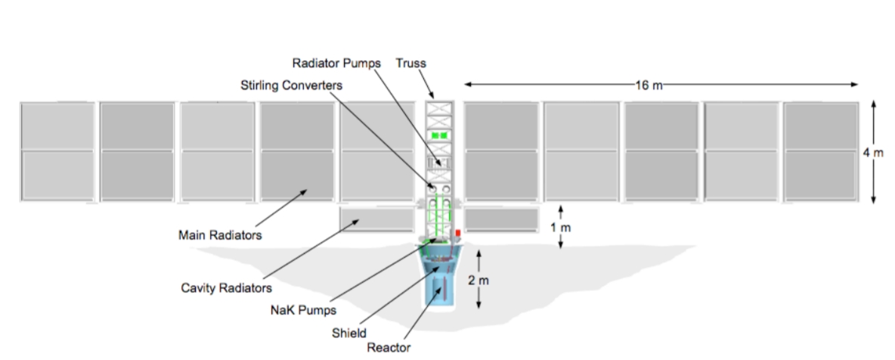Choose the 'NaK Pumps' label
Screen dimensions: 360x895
[x=293, y=309]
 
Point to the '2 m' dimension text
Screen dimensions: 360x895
[x=479, y=281]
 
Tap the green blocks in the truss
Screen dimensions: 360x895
[x=438, y=135]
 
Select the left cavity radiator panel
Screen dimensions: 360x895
[x=376, y=219]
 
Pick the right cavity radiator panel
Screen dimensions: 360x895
[x=501, y=219]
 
